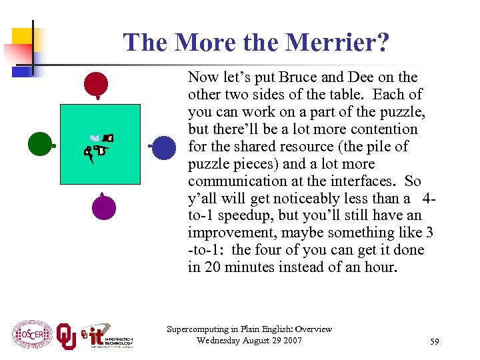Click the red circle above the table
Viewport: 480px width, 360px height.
click(x=96, y=85)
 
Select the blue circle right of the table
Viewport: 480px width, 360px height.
click(x=164, y=147)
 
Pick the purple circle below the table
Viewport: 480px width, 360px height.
click(x=103, y=207)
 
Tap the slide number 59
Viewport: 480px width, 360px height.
click(x=435, y=341)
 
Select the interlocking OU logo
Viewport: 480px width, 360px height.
click(x=66, y=335)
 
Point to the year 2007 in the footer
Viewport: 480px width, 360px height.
click(x=290, y=341)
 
